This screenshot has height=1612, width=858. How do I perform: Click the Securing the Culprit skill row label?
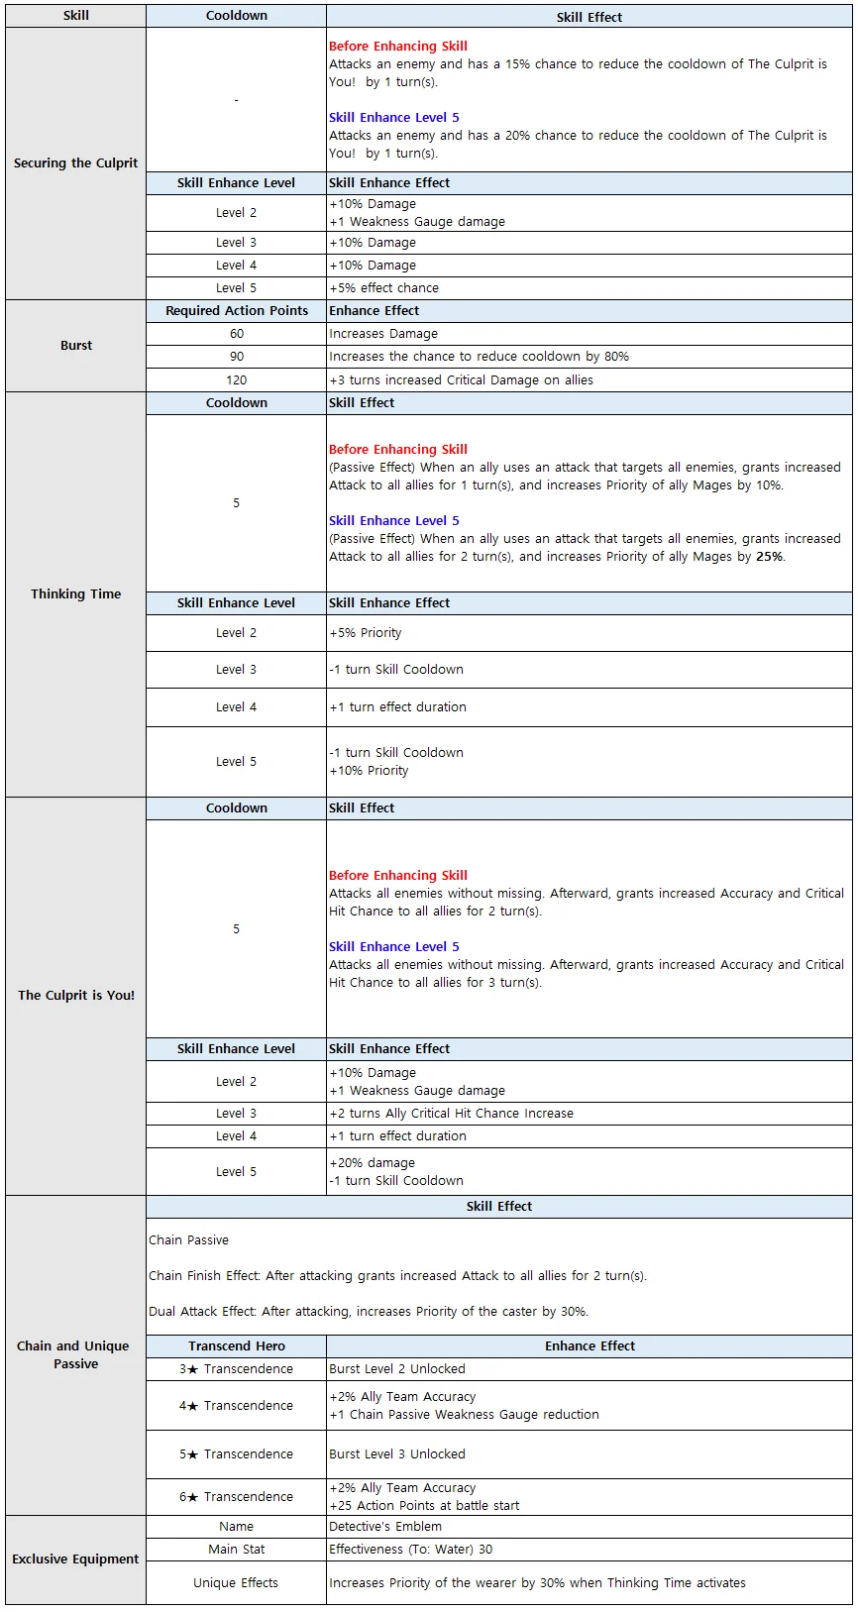(x=76, y=163)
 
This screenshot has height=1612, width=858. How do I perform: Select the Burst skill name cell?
(x=76, y=346)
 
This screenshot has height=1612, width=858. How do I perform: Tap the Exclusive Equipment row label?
(x=76, y=1558)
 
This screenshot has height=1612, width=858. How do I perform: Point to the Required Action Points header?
(x=237, y=311)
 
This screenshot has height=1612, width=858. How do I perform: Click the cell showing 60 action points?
(x=237, y=334)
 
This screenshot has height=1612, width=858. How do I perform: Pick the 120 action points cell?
(x=237, y=380)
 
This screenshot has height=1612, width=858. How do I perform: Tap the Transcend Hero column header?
(x=237, y=1346)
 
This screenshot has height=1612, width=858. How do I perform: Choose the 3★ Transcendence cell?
(x=237, y=1369)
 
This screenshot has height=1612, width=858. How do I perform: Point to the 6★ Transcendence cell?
(x=237, y=1497)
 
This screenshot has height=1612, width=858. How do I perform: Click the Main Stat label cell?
(x=237, y=1550)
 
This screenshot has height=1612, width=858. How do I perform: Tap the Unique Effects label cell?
(x=237, y=1583)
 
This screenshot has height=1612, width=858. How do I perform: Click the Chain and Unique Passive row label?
(x=76, y=1355)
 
